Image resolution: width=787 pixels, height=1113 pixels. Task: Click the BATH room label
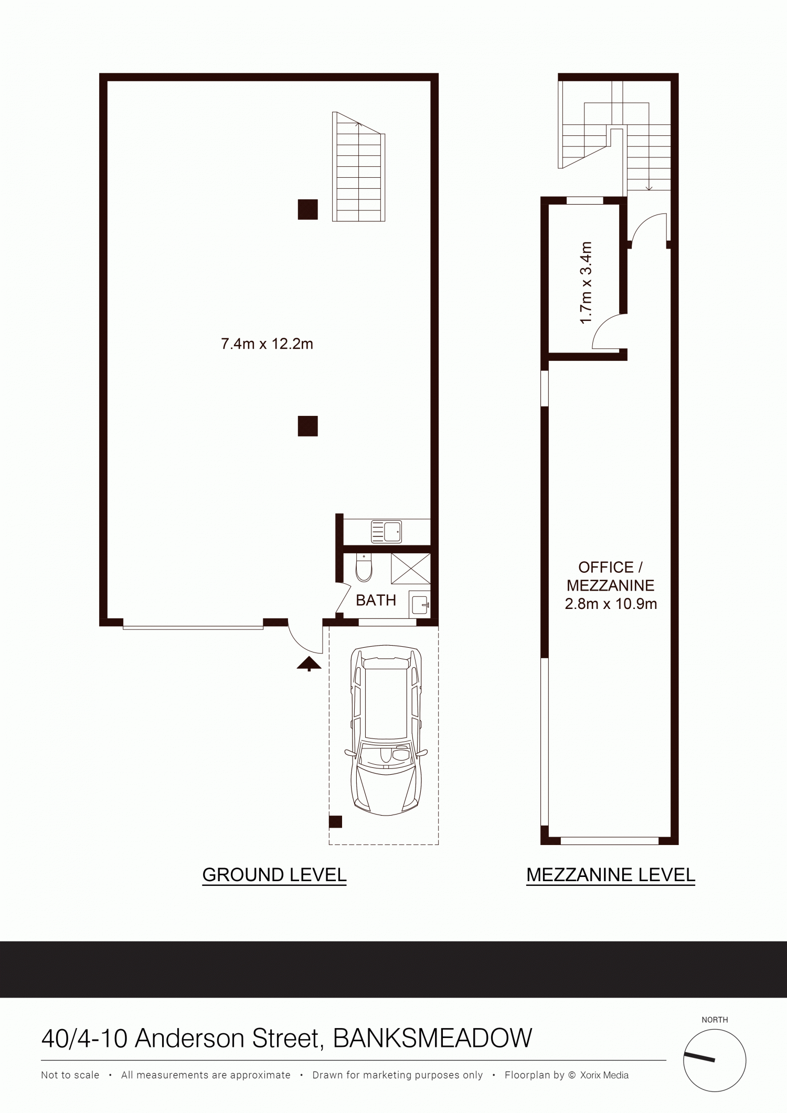(x=376, y=600)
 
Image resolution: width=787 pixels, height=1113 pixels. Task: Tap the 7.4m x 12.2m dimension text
(x=267, y=344)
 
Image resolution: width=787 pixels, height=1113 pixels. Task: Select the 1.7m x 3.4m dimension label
(x=586, y=283)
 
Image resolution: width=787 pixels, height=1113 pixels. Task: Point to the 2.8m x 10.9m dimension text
(x=611, y=604)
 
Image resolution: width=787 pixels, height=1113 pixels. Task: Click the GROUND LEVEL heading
(x=274, y=875)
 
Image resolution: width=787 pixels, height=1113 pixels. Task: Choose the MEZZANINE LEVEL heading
(x=611, y=875)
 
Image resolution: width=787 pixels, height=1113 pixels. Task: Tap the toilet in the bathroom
(x=363, y=568)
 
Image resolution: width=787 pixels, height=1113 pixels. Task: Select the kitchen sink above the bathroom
(x=386, y=531)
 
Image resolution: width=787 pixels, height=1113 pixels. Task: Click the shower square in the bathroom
(x=410, y=569)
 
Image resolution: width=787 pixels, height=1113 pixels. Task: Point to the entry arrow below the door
(x=310, y=663)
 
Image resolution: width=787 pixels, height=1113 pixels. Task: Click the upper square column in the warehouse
(x=308, y=209)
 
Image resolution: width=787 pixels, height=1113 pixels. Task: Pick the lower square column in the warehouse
(x=308, y=426)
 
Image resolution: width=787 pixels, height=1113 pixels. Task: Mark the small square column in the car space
(x=336, y=822)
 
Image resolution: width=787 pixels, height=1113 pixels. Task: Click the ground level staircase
(x=359, y=166)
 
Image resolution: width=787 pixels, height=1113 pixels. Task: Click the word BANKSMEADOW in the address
(x=433, y=1039)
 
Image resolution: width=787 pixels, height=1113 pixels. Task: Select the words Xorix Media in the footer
(x=604, y=1075)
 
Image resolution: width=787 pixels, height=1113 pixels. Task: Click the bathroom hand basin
(x=420, y=604)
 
